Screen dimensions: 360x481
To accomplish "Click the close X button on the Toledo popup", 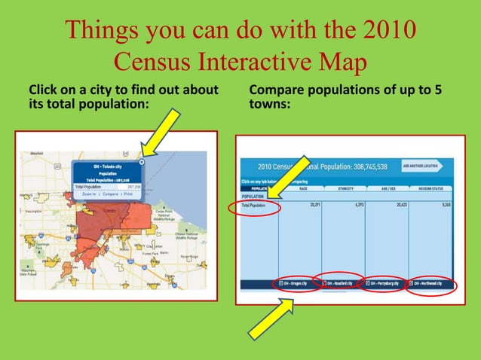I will [x=142, y=161].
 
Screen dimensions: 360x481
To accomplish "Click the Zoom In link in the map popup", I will [x=90, y=194].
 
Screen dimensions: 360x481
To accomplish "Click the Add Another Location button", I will [x=421, y=166].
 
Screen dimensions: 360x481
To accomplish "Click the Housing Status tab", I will [x=430, y=189].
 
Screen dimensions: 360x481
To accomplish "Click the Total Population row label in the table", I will [x=254, y=204].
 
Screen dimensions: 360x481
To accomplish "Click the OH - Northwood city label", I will [x=430, y=283].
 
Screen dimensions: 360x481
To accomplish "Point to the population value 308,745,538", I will [x=365, y=166].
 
